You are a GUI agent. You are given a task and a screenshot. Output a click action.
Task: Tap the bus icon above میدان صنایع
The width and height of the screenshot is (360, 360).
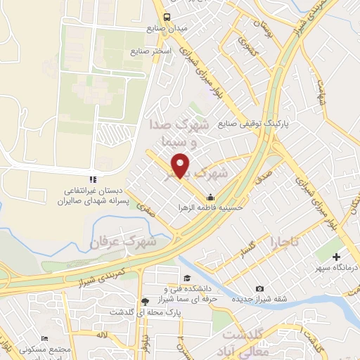[166, 17]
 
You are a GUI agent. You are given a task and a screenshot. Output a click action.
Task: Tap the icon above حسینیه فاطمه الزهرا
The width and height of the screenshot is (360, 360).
[211, 196]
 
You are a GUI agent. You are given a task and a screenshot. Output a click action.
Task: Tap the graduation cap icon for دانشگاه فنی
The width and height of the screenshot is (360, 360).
[186, 278]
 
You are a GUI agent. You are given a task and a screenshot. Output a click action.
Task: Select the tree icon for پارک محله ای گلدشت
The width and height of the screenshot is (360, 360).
[144, 300]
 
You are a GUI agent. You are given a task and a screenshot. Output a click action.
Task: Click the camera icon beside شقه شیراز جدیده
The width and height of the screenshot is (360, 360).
[260, 289]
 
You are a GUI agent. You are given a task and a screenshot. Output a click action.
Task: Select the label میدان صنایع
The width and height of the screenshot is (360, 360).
[166, 30]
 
